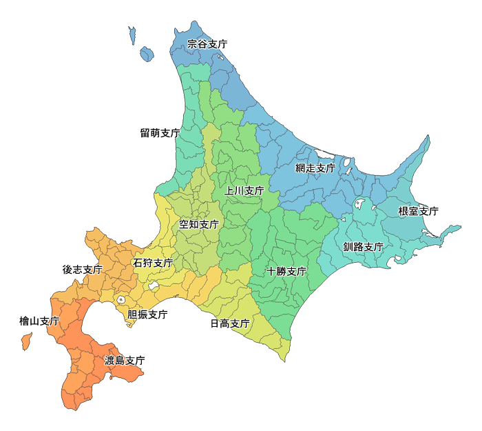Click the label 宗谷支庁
(x=207, y=43)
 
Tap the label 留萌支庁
(x=160, y=132)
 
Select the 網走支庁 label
(x=315, y=168)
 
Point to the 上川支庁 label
(x=244, y=190)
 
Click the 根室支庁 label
(x=418, y=211)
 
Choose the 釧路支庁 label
(x=363, y=247)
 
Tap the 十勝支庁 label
(x=286, y=271)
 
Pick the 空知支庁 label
(x=199, y=224)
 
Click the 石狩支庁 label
(x=153, y=263)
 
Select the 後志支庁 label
(x=82, y=269)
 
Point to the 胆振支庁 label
(x=147, y=314)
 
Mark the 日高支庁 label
(x=229, y=323)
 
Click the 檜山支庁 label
(x=39, y=321)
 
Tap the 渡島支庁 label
(x=125, y=360)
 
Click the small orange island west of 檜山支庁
(x=26, y=341)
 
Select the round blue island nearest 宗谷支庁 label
(x=147, y=53)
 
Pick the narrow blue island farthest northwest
(x=132, y=35)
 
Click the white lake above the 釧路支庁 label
(x=359, y=203)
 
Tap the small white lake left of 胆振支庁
(x=121, y=300)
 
